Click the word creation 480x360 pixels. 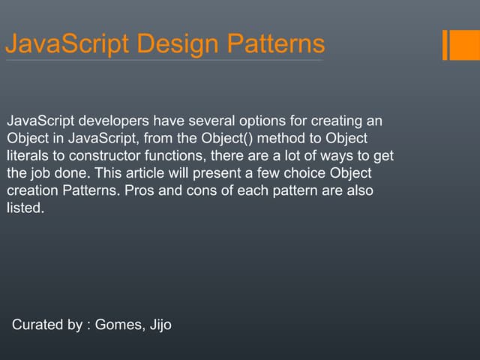(x=30, y=190)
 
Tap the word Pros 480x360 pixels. (x=132, y=190)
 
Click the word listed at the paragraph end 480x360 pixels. (x=24, y=208)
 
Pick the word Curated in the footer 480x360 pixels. (x=37, y=326)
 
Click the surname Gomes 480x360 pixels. (x=120, y=326)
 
